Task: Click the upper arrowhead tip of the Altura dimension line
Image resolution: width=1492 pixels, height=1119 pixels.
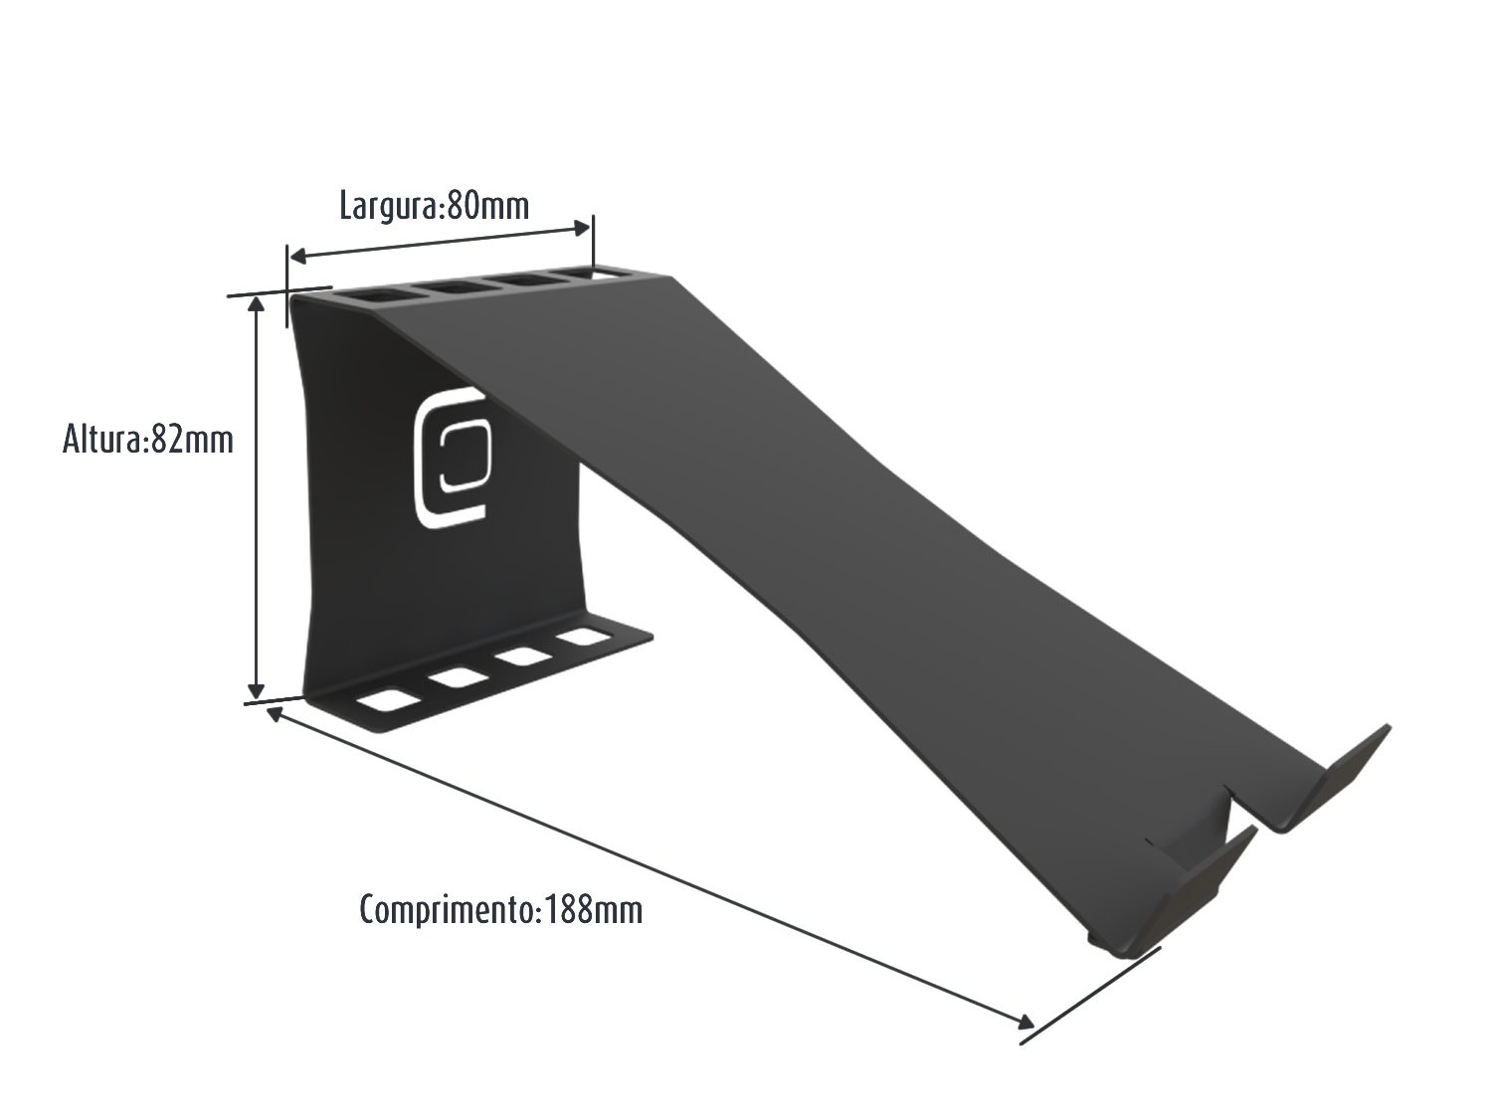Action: (257, 296)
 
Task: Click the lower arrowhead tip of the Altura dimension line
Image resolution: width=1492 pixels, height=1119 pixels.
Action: (256, 698)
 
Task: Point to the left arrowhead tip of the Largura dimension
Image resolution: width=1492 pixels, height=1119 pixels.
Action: (290, 258)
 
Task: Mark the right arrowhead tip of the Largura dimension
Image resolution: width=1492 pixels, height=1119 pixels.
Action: (590, 227)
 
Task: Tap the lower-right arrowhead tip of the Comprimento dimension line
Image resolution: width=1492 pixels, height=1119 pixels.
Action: (1033, 1025)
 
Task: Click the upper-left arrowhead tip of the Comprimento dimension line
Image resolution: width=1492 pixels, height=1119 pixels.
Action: (268, 708)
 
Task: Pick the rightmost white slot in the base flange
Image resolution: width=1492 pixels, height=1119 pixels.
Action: (583, 638)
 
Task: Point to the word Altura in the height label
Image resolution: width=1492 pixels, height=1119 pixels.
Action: (101, 440)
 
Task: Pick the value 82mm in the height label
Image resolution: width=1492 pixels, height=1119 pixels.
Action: (192, 440)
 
